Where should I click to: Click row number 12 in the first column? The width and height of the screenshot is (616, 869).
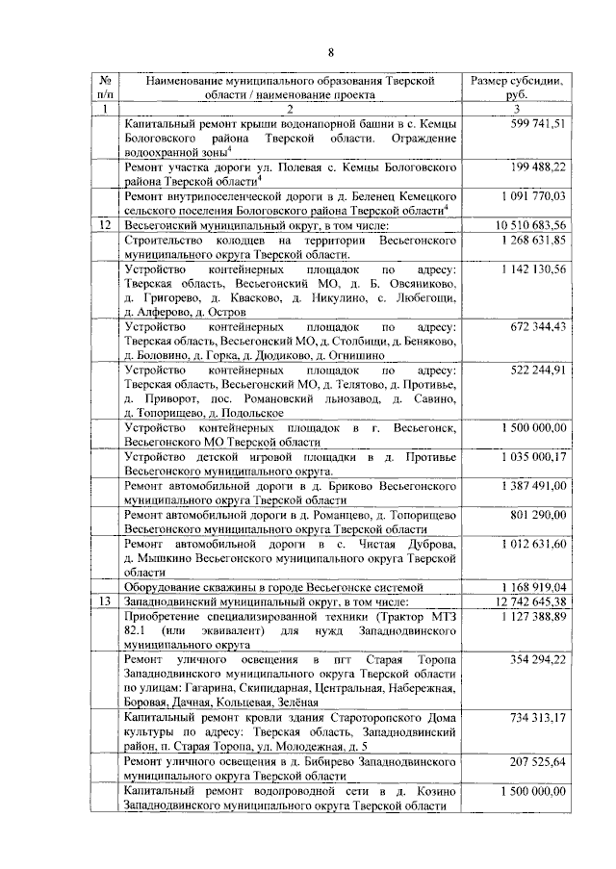(x=108, y=224)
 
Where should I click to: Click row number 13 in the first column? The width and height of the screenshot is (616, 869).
(x=108, y=601)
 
